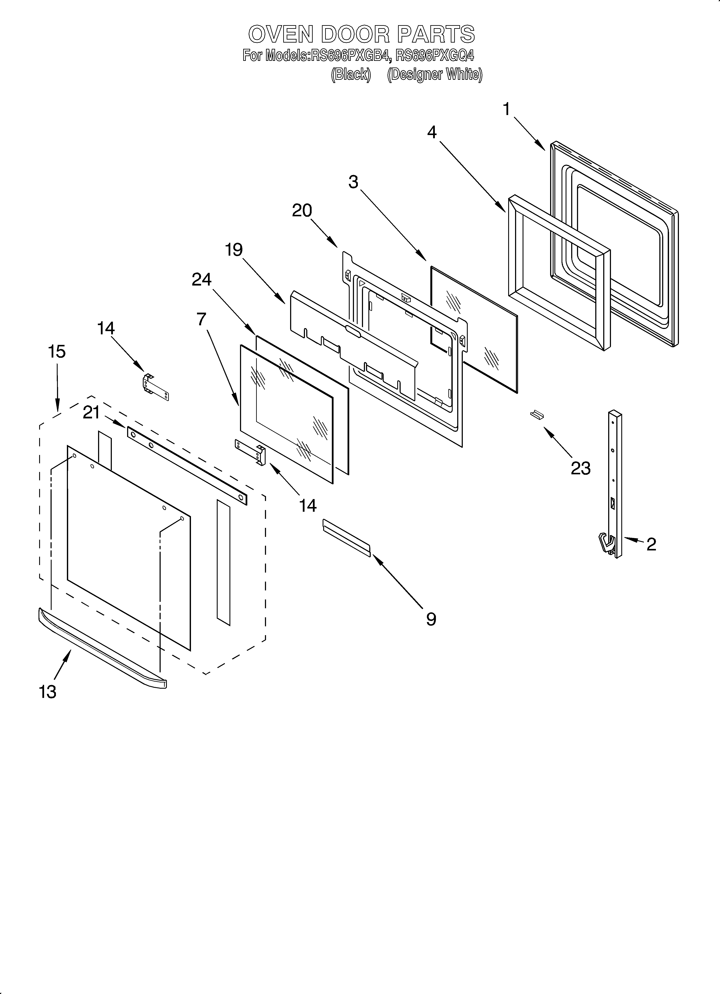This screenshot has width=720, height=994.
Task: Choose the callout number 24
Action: point(201,279)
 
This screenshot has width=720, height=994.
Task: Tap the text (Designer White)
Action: point(435,75)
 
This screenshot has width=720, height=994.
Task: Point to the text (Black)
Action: point(350,75)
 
